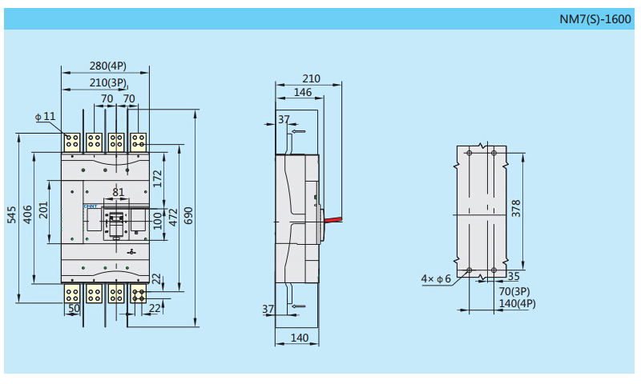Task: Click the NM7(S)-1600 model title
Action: (x=595, y=18)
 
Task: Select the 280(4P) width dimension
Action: (x=106, y=66)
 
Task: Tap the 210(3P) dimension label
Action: (x=107, y=82)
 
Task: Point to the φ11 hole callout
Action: (x=46, y=116)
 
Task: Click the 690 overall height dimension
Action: (x=189, y=216)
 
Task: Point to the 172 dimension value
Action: (x=158, y=178)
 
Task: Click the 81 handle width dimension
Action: (x=118, y=192)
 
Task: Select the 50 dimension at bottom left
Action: (x=74, y=308)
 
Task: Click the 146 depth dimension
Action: (x=302, y=93)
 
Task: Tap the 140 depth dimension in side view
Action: (x=299, y=338)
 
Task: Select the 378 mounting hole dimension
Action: (x=516, y=209)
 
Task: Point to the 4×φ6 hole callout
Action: (x=437, y=278)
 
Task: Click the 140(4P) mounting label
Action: (x=516, y=304)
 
